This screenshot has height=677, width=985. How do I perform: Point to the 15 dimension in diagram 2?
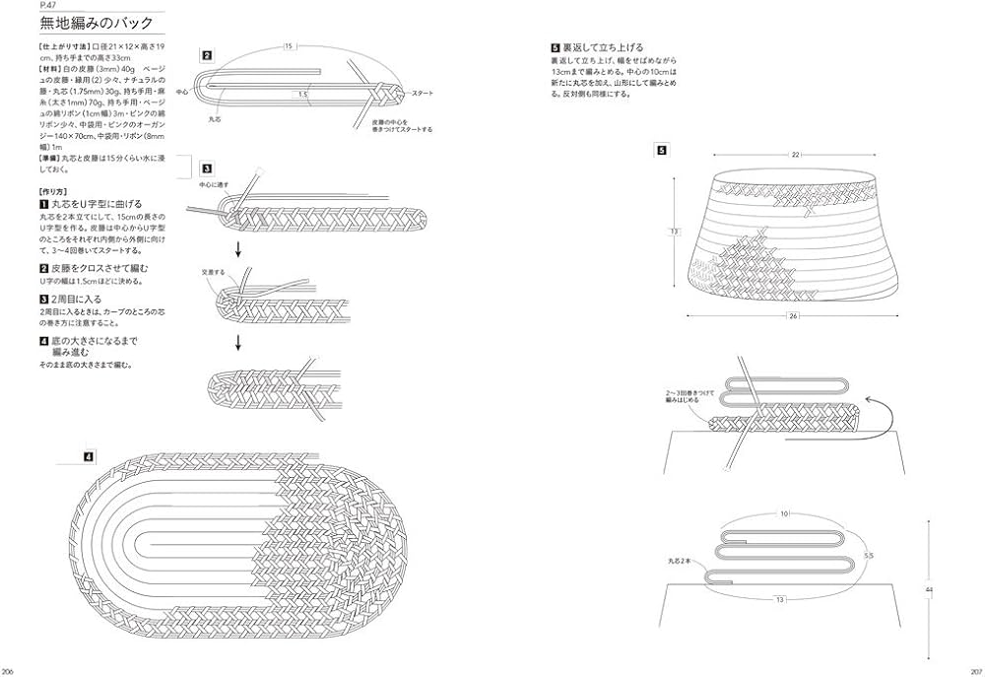pyautogui.click(x=288, y=45)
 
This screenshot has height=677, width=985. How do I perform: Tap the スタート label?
pyautogui.click(x=423, y=93)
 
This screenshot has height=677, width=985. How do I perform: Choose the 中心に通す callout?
pyautogui.click(x=214, y=184)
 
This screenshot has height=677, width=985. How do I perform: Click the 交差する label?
pyautogui.click(x=212, y=272)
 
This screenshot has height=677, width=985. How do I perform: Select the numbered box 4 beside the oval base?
pyautogui.click(x=88, y=456)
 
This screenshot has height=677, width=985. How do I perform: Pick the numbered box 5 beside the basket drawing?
pyautogui.click(x=662, y=151)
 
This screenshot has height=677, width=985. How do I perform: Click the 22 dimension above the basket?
pyautogui.click(x=794, y=155)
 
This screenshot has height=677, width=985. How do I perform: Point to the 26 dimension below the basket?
pyautogui.click(x=793, y=316)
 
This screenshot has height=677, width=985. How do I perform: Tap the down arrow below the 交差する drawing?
pyautogui.click(x=237, y=342)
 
